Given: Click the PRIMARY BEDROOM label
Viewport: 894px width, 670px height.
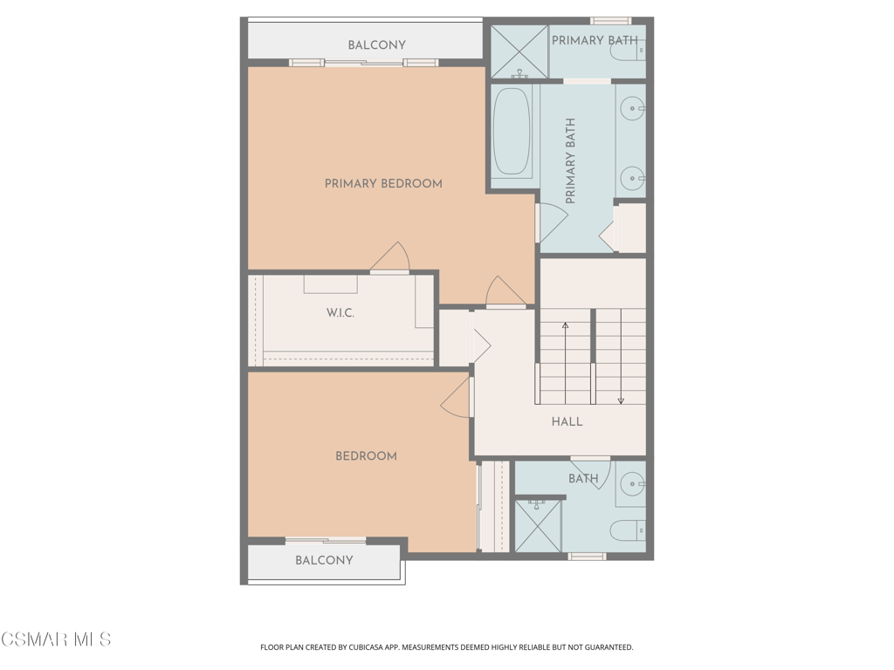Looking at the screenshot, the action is click(383, 183).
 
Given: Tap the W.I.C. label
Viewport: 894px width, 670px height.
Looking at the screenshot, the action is click(340, 313).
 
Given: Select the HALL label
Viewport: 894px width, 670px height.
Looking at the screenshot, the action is click(567, 421).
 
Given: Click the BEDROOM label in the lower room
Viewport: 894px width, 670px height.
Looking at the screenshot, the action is click(366, 455).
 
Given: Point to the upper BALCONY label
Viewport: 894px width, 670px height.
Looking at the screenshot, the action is click(377, 45).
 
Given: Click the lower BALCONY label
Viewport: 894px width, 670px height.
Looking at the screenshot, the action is click(324, 560).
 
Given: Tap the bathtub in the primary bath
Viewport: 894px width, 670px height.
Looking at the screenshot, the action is click(512, 131).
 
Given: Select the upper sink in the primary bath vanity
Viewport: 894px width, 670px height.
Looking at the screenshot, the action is click(632, 108).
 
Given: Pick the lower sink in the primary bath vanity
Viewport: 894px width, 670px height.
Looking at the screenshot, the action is click(632, 178).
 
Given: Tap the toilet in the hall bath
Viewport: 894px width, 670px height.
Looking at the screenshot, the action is click(628, 531).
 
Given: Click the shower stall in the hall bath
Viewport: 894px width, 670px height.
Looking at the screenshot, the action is click(538, 526).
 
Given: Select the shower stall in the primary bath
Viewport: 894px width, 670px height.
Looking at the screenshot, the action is click(519, 51).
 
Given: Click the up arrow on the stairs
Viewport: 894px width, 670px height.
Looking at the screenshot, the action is click(565, 364).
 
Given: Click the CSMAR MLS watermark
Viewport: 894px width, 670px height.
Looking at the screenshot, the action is click(56, 639).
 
